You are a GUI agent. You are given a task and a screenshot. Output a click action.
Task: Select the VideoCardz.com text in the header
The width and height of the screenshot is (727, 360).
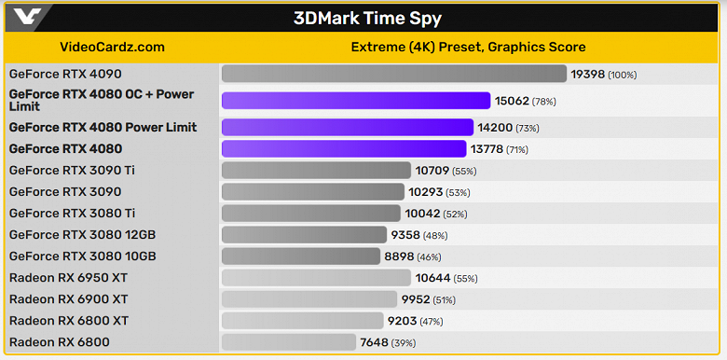click(x=112, y=47)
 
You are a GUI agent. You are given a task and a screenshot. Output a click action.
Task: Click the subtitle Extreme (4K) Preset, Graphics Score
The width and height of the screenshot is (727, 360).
click(x=468, y=47)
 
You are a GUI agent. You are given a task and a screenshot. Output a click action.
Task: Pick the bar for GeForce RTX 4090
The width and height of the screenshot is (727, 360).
click(x=393, y=74)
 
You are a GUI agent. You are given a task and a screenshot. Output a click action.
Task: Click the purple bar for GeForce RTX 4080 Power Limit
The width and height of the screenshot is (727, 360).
click(x=347, y=127)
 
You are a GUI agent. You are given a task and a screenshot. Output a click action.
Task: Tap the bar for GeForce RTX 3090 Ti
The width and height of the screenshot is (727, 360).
click(x=316, y=170)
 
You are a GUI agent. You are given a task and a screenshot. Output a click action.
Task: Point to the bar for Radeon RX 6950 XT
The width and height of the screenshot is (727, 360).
click(x=316, y=277)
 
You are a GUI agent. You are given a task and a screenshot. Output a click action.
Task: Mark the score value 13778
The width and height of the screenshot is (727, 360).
click(x=487, y=148)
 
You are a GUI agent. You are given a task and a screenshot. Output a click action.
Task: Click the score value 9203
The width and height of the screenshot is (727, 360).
click(x=405, y=321)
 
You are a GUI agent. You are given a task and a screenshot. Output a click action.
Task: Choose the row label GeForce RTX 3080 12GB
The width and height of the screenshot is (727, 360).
click(x=82, y=234)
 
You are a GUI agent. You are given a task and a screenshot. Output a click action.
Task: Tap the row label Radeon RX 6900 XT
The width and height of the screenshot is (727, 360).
click(x=69, y=298)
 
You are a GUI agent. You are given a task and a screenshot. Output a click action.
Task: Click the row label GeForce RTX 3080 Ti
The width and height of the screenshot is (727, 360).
click(x=72, y=213)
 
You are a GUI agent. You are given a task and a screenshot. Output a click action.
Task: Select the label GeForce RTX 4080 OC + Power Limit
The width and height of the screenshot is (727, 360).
click(x=102, y=100)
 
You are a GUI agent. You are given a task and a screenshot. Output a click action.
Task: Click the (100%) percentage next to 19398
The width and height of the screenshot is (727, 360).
click(x=623, y=74)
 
